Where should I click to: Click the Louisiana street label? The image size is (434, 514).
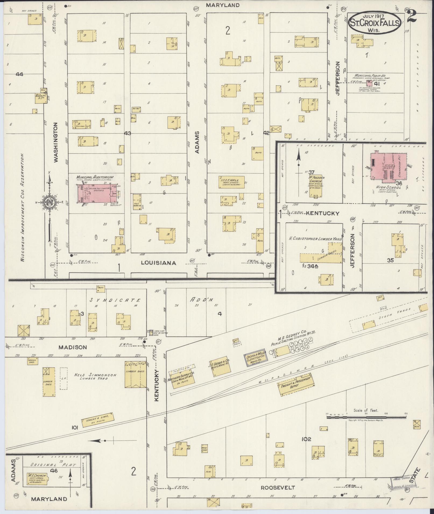(x=159, y=263)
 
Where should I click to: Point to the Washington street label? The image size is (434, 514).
(x=56, y=142)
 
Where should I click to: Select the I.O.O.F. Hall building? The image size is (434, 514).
(x=231, y=183)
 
